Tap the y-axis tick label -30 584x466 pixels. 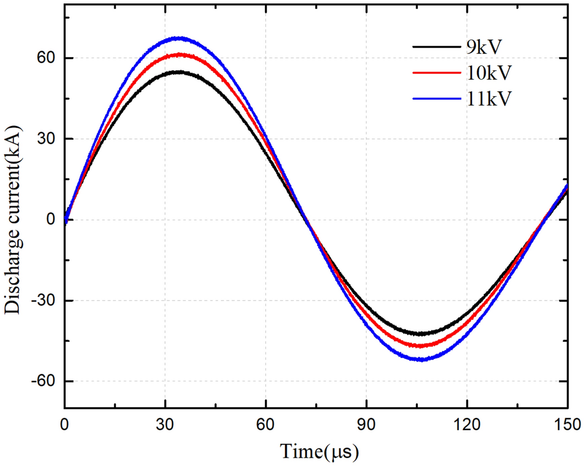point(44,301)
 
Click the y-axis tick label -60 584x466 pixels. point(44,381)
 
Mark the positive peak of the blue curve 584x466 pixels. point(179,38)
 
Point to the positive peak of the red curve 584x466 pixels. point(179,54)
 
